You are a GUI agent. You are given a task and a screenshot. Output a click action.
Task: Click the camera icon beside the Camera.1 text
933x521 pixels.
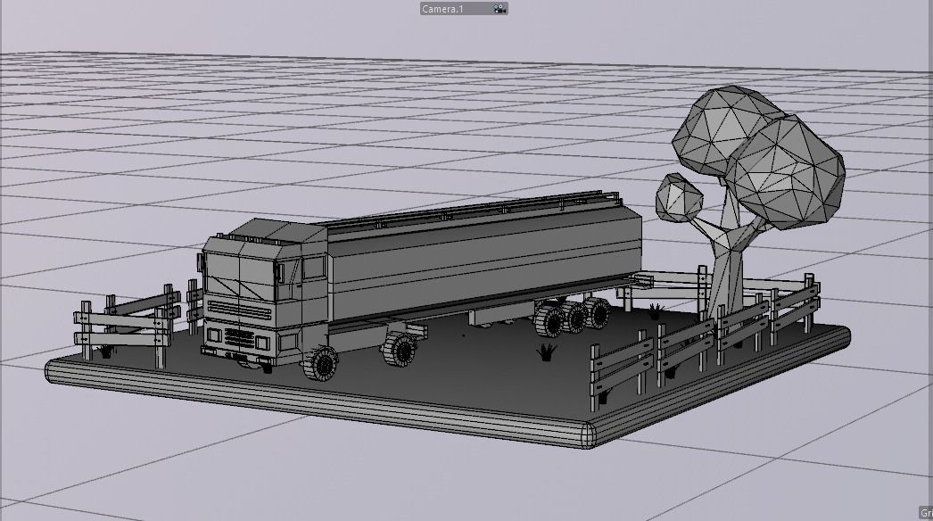pyautogui.click(x=500, y=8)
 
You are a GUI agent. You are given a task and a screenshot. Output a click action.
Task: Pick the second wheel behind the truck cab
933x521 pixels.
pyautogui.click(x=400, y=348)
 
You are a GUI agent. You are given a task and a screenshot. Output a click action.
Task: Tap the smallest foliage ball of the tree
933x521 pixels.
pyautogui.click(x=680, y=196)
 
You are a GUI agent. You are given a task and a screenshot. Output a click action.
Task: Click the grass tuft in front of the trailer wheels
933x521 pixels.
pyautogui.click(x=546, y=352)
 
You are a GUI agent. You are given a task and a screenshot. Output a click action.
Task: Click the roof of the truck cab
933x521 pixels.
pyautogui.click(x=268, y=230)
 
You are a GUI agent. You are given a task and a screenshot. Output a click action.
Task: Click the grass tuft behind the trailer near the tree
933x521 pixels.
pyautogui.click(x=656, y=310)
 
